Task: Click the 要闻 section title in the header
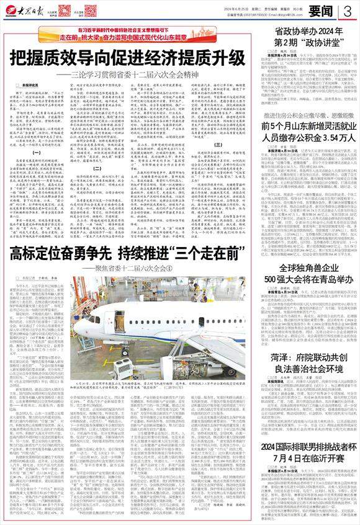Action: [x=323, y=11]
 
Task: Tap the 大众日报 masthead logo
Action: [x=24, y=10]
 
